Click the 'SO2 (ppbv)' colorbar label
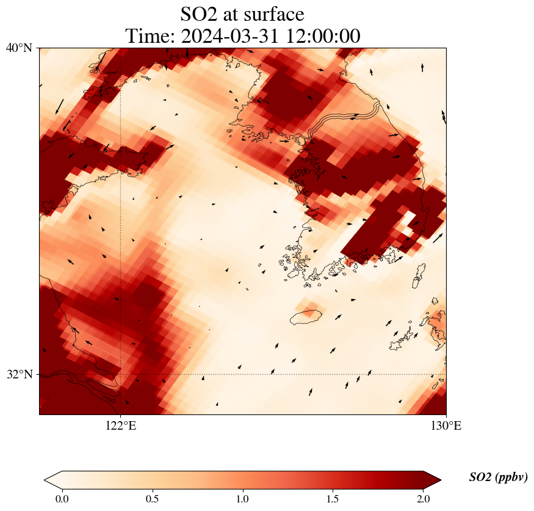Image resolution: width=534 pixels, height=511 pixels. tap(498, 477)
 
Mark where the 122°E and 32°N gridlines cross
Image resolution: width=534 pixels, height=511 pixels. tap(121, 374)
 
